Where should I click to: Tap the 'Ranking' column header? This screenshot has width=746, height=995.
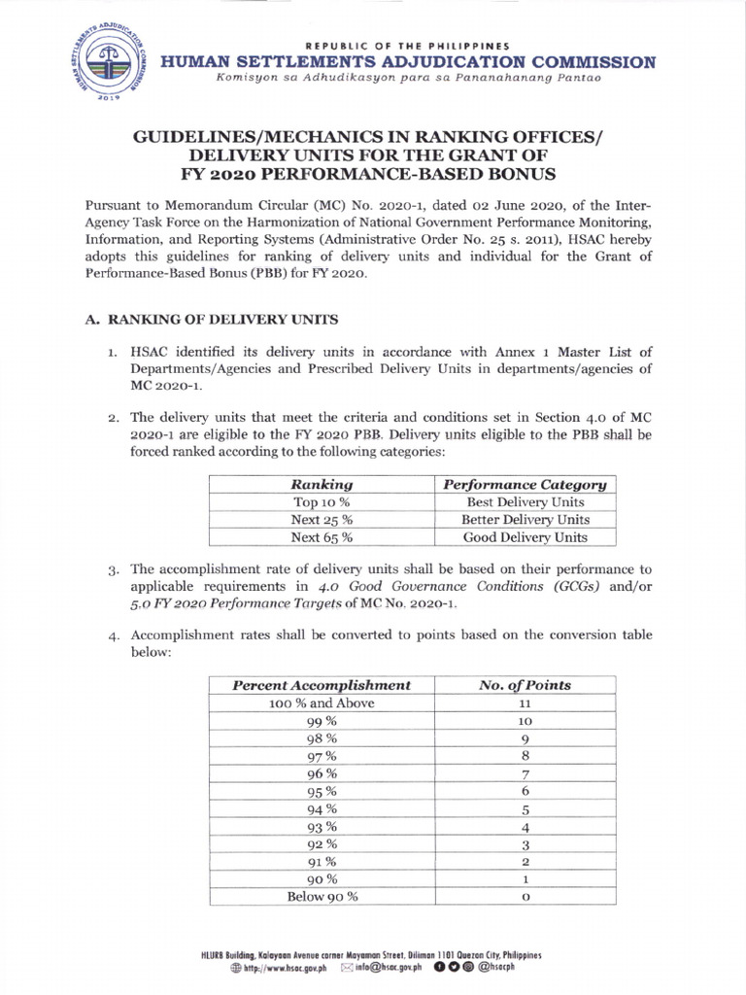pos(322,484)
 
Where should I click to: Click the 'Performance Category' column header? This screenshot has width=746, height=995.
pos(525,484)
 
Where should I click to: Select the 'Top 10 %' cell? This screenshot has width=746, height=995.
pos(322,502)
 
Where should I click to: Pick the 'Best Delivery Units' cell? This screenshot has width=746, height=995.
pos(525,502)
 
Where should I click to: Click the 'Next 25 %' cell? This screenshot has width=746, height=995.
pos(322,520)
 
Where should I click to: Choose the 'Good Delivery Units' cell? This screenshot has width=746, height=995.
pos(525,537)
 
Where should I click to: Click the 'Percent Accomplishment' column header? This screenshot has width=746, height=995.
pos(322,685)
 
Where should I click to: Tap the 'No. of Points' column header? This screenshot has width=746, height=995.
pos(525,685)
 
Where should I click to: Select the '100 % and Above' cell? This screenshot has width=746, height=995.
pos(322,703)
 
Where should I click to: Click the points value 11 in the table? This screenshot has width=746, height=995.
pos(525,703)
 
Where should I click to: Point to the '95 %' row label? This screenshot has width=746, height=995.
pos(322,791)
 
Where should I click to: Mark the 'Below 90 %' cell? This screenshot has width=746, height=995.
pos(322,896)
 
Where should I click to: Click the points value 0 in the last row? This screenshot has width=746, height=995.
pos(525,896)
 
